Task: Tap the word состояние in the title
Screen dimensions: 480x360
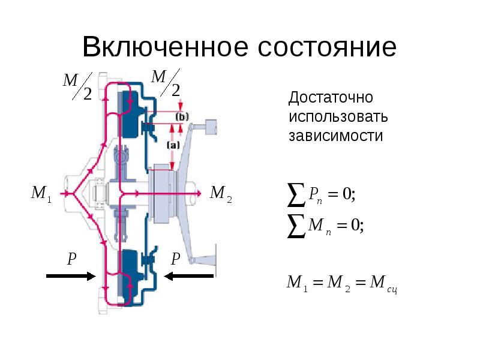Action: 327,47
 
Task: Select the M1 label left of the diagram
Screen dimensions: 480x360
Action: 41,194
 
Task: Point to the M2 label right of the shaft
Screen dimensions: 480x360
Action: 221,194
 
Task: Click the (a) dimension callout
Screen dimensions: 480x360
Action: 173,145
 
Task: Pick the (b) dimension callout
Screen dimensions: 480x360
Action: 182,117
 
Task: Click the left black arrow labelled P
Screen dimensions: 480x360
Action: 71,276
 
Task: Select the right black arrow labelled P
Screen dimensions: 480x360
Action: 189,276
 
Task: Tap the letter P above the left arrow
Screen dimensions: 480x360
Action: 71,259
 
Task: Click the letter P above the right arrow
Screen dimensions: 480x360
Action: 175,259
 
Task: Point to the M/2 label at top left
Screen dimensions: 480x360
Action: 77,86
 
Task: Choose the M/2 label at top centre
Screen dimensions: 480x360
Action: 166,83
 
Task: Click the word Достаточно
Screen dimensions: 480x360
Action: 331,98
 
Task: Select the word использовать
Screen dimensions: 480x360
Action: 338,117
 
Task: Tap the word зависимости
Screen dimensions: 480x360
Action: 336,136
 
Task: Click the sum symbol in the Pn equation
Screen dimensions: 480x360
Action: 296,194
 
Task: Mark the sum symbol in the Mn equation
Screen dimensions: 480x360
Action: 296,226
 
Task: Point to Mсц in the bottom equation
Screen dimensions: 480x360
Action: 383,283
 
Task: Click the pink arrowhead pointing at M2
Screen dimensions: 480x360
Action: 199,193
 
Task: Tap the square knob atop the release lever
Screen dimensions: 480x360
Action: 211,127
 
